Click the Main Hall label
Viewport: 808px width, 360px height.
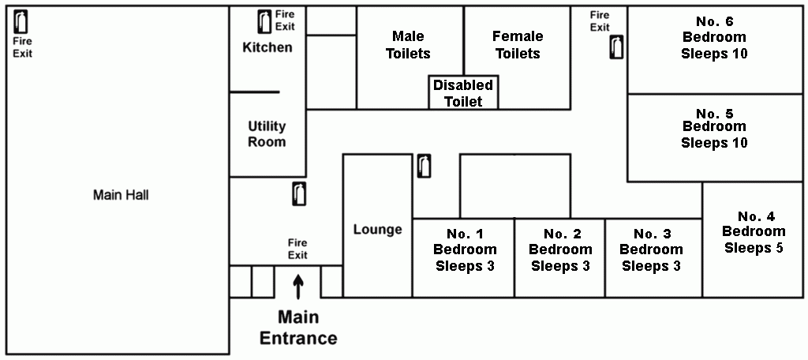point(121,196)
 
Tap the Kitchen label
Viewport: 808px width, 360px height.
point(267,48)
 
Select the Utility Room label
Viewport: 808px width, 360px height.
point(267,134)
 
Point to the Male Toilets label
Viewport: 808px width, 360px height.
point(408,45)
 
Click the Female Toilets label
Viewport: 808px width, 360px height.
point(518,45)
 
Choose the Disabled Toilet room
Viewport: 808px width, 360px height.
point(463,92)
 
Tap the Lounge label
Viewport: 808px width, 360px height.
point(378,230)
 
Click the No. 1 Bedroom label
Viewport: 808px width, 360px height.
point(465,250)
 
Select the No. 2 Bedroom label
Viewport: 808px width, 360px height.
point(561,250)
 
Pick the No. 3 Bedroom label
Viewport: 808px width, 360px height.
point(651,250)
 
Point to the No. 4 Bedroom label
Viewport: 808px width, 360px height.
point(754,232)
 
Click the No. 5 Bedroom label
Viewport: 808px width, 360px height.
point(714,128)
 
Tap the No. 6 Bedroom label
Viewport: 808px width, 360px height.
point(714,38)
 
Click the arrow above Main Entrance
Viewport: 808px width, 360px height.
point(297,287)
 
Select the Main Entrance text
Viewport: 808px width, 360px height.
point(298,328)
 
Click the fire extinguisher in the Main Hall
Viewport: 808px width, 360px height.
point(21,21)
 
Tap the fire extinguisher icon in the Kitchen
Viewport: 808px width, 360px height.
point(264,21)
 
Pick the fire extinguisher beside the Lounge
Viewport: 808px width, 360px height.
point(424,166)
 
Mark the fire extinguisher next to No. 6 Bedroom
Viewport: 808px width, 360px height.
point(617,47)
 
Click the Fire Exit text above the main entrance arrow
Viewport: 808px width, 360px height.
point(297,249)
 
